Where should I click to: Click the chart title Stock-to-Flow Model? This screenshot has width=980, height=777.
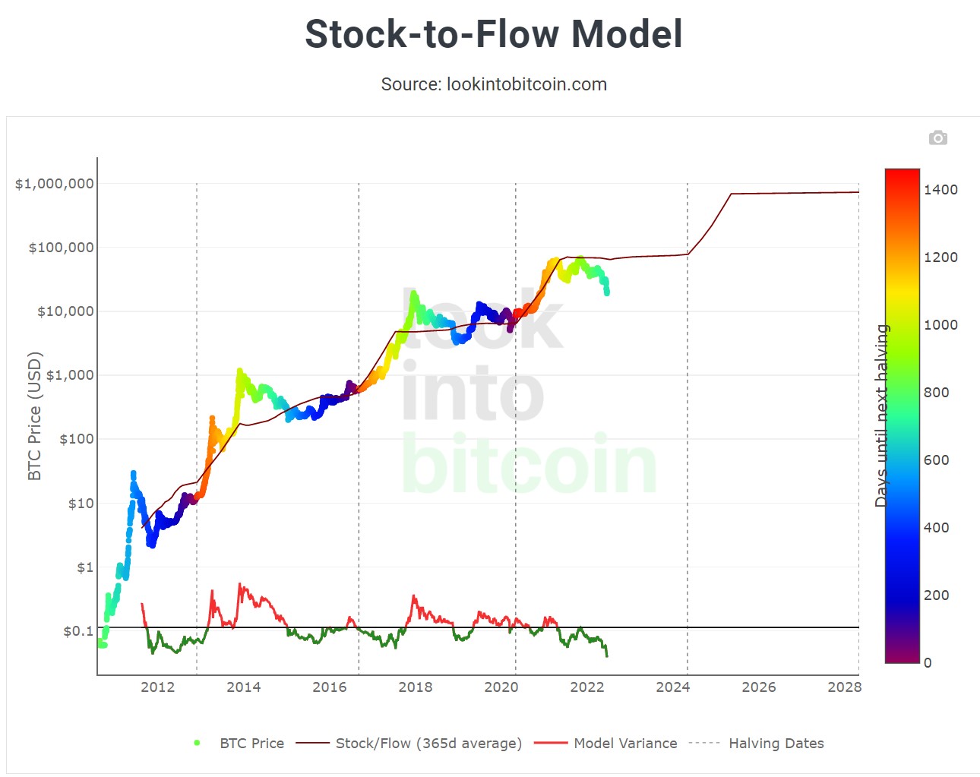click(494, 34)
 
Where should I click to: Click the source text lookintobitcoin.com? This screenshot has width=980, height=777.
click(494, 84)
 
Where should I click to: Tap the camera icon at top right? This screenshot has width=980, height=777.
click(937, 137)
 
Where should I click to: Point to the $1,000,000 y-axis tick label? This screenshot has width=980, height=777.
click(55, 184)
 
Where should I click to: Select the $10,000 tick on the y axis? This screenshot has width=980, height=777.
click(65, 311)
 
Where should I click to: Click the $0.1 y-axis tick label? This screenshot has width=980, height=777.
click(78, 631)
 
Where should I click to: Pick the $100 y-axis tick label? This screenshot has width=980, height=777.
click(76, 439)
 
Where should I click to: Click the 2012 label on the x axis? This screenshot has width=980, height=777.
click(157, 687)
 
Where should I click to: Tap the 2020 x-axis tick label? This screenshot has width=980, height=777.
click(501, 687)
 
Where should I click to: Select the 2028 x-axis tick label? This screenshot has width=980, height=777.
click(844, 687)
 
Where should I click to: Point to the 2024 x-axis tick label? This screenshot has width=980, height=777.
click(673, 687)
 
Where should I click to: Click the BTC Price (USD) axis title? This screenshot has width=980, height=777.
click(34, 416)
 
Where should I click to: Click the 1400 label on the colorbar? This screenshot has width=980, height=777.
click(940, 190)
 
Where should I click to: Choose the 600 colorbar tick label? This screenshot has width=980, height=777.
click(936, 460)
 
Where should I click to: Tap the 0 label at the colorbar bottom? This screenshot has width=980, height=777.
click(928, 663)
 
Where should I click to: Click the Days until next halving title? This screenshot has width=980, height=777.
click(881, 415)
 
